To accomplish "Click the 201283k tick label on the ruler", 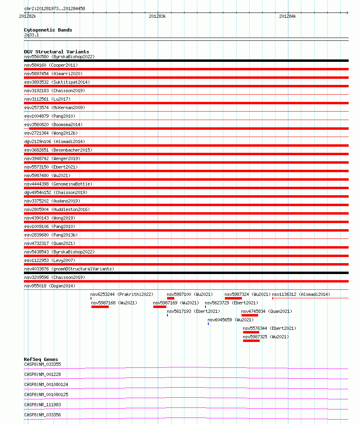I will tap(157, 16).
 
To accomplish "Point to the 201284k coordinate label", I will tap(287, 16).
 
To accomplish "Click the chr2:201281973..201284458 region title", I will tap(55, 8).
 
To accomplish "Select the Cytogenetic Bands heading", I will tap(48, 30).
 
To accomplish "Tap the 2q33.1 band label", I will tap(32, 35).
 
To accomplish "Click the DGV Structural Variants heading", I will tap(56, 52).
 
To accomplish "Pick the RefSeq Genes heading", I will tap(41, 359).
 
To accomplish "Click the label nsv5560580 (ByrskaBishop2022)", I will tap(59, 57).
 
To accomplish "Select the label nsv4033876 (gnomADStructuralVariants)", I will tap(69, 269).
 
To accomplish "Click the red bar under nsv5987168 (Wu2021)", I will tap(100, 307).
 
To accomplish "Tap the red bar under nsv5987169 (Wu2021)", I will tap(160, 307).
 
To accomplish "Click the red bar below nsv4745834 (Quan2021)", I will tap(250, 315).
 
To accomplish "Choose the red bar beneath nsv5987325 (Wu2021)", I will tap(251, 341).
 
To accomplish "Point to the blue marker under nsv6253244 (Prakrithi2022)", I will tap(91, 298).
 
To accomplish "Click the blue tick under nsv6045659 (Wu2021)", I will tap(208, 324).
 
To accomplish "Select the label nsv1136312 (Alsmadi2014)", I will tap(301, 294).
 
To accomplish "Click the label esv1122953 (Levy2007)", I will tap(50, 260).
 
